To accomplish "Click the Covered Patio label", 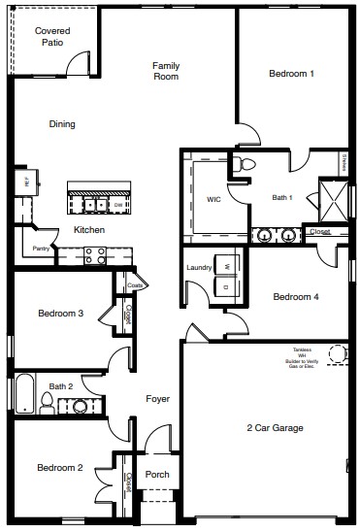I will click(51, 37).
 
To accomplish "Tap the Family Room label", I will click(166, 71).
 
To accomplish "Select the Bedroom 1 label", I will click(291, 74).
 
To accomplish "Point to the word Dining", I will click(62, 124).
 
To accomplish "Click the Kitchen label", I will click(89, 230).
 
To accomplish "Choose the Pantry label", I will click(41, 249).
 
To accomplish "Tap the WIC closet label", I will click(214, 199).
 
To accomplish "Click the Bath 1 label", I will click(281, 198).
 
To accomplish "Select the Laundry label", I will click(199, 267).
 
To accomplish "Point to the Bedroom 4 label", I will click(295, 297).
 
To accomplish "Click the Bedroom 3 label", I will click(60, 314).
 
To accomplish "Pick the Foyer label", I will click(158, 399).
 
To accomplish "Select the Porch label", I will click(157, 475).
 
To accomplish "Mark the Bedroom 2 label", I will click(60, 468).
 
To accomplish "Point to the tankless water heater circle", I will click(338, 353).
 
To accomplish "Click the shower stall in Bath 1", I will click(333, 200).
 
